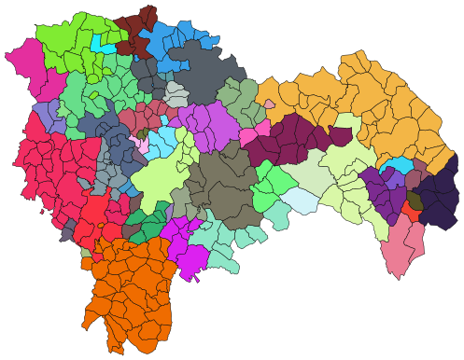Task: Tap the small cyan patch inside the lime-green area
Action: click(x=103, y=44)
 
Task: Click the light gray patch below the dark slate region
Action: click(x=176, y=93)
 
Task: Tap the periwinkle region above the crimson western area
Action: click(x=47, y=118)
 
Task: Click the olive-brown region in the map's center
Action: click(x=224, y=187)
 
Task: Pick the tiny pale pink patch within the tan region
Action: click(x=270, y=104)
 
